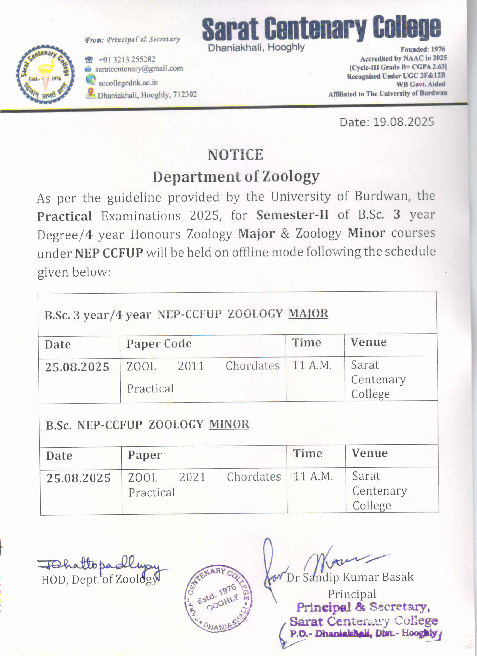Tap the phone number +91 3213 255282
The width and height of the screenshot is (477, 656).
coord(127,59)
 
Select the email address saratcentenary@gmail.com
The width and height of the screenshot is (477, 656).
coord(139,69)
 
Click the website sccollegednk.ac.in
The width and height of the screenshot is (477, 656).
coord(128,83)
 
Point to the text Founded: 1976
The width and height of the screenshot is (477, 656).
coord(422,49)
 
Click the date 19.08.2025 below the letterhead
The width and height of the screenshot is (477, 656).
coord(403,122)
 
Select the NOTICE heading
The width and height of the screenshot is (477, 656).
coord(235,155)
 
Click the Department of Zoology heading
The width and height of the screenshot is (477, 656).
coord(236,177)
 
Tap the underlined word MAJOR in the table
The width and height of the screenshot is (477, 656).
coord(308,314)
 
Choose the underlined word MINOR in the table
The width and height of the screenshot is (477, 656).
coord(229,424)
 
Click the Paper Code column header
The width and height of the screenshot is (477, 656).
coord(159,344)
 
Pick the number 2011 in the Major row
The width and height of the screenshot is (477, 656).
coord(191,366)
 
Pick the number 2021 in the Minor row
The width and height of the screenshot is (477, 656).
coord(192,477)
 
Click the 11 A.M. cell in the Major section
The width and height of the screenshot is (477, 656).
coord(312,365)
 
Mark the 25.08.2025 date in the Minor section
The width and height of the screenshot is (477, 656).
coord(78,478)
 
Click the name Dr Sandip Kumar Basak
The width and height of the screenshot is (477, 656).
coord(350,577)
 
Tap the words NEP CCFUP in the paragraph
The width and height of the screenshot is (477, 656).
coord(109,253)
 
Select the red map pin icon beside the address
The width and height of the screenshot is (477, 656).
coord(91,93)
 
